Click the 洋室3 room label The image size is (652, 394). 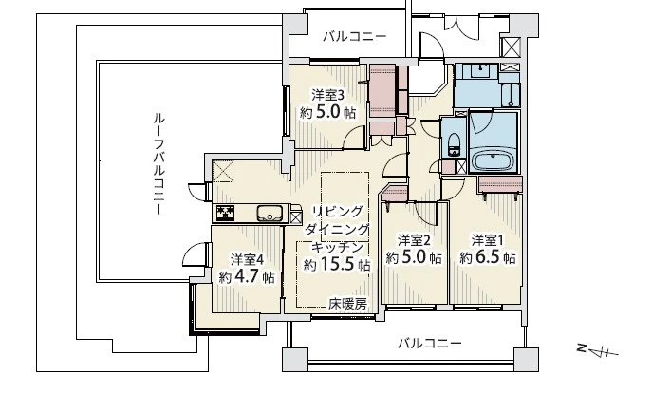point(328,94)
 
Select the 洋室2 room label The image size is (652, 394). point(415,238)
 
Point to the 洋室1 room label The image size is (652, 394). point(489,238)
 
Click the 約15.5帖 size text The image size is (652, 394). point(336,265)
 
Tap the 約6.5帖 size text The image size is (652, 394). point(488,257)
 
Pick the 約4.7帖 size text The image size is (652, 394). point(247,277)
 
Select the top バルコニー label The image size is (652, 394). point(353,37)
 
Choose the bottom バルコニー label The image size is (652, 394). point(429,342)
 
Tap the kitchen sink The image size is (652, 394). point(268,213)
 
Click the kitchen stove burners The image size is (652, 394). point(226,213)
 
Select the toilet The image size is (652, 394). point(453,142)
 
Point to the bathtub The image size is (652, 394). point(493,159)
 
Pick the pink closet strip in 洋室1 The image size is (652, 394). point(500,182)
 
